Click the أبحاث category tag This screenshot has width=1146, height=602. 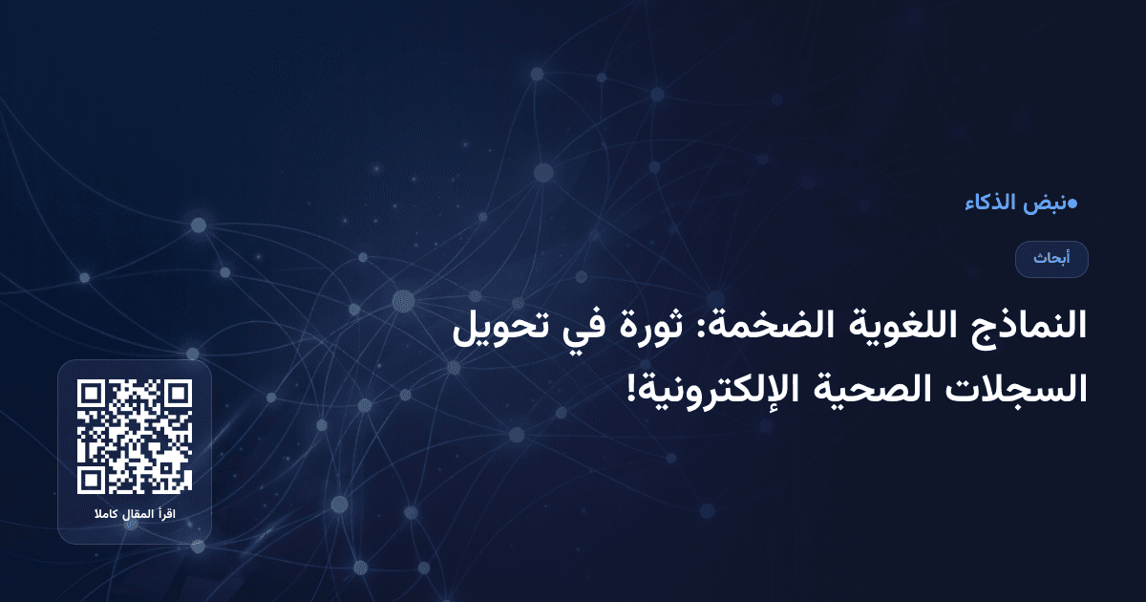coord(1051,259)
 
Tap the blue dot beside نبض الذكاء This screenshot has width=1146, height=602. coord(1072,203)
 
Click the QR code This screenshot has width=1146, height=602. coord(135,437)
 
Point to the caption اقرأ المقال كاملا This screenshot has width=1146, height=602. coord(135,516)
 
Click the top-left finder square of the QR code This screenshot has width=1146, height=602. coord(91,393)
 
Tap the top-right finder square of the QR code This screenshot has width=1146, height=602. coord(179,393)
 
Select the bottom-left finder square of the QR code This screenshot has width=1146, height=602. coord(91,481)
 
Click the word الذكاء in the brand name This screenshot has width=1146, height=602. coord(988,203)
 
